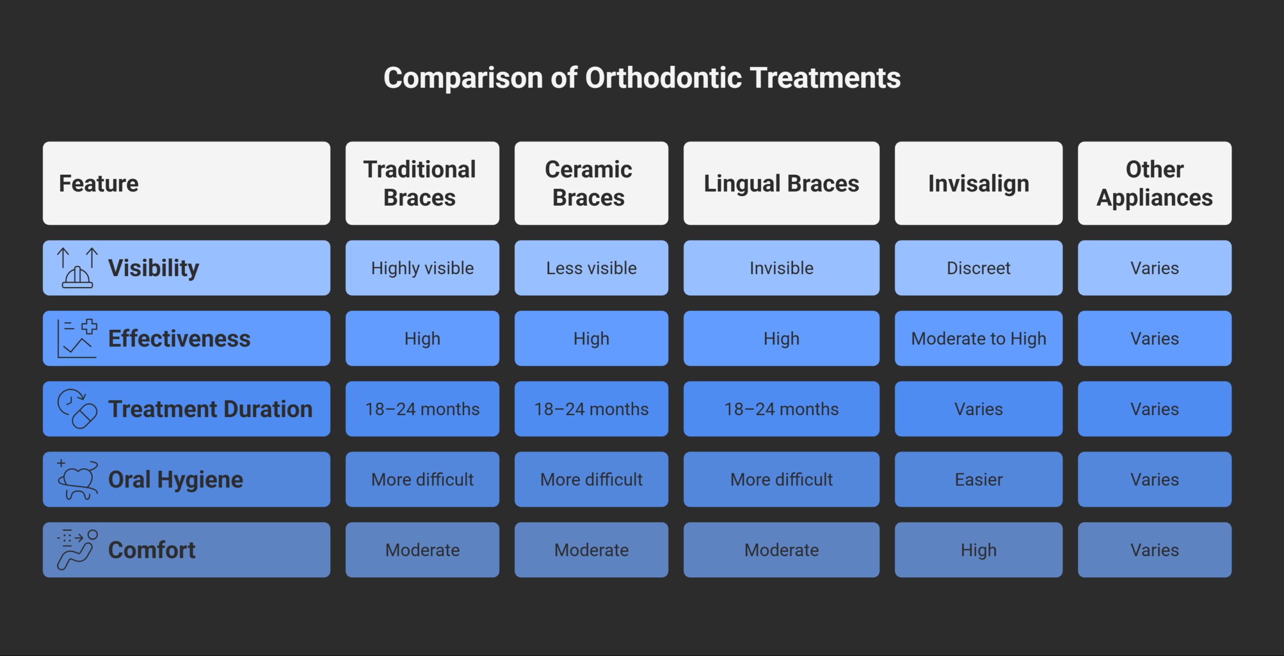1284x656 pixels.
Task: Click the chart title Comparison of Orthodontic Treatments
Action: click(642, 78)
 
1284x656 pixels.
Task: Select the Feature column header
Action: click(186, 183)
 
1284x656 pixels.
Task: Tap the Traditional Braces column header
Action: click(422, 183)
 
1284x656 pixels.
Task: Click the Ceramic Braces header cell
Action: click(591, 183)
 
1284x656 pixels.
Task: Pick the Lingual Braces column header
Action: click(781, 183)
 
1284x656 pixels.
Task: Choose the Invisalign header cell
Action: click(978, 183)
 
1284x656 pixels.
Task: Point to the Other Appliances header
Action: click(1154, 183)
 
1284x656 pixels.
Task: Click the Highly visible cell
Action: click(422, 268)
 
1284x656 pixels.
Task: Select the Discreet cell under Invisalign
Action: click(978, 268)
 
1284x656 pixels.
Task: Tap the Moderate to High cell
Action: click(978, 339)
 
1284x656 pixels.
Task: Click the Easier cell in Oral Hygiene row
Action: click(978, 480)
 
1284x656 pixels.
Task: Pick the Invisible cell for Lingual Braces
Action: click(781, 268)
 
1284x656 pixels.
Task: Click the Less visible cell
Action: click(591, 268)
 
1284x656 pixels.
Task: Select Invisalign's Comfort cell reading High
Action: click(978, 550)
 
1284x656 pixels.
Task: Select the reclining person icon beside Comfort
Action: click(77, 550)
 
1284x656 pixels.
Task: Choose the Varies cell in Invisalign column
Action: click(978, 409)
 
